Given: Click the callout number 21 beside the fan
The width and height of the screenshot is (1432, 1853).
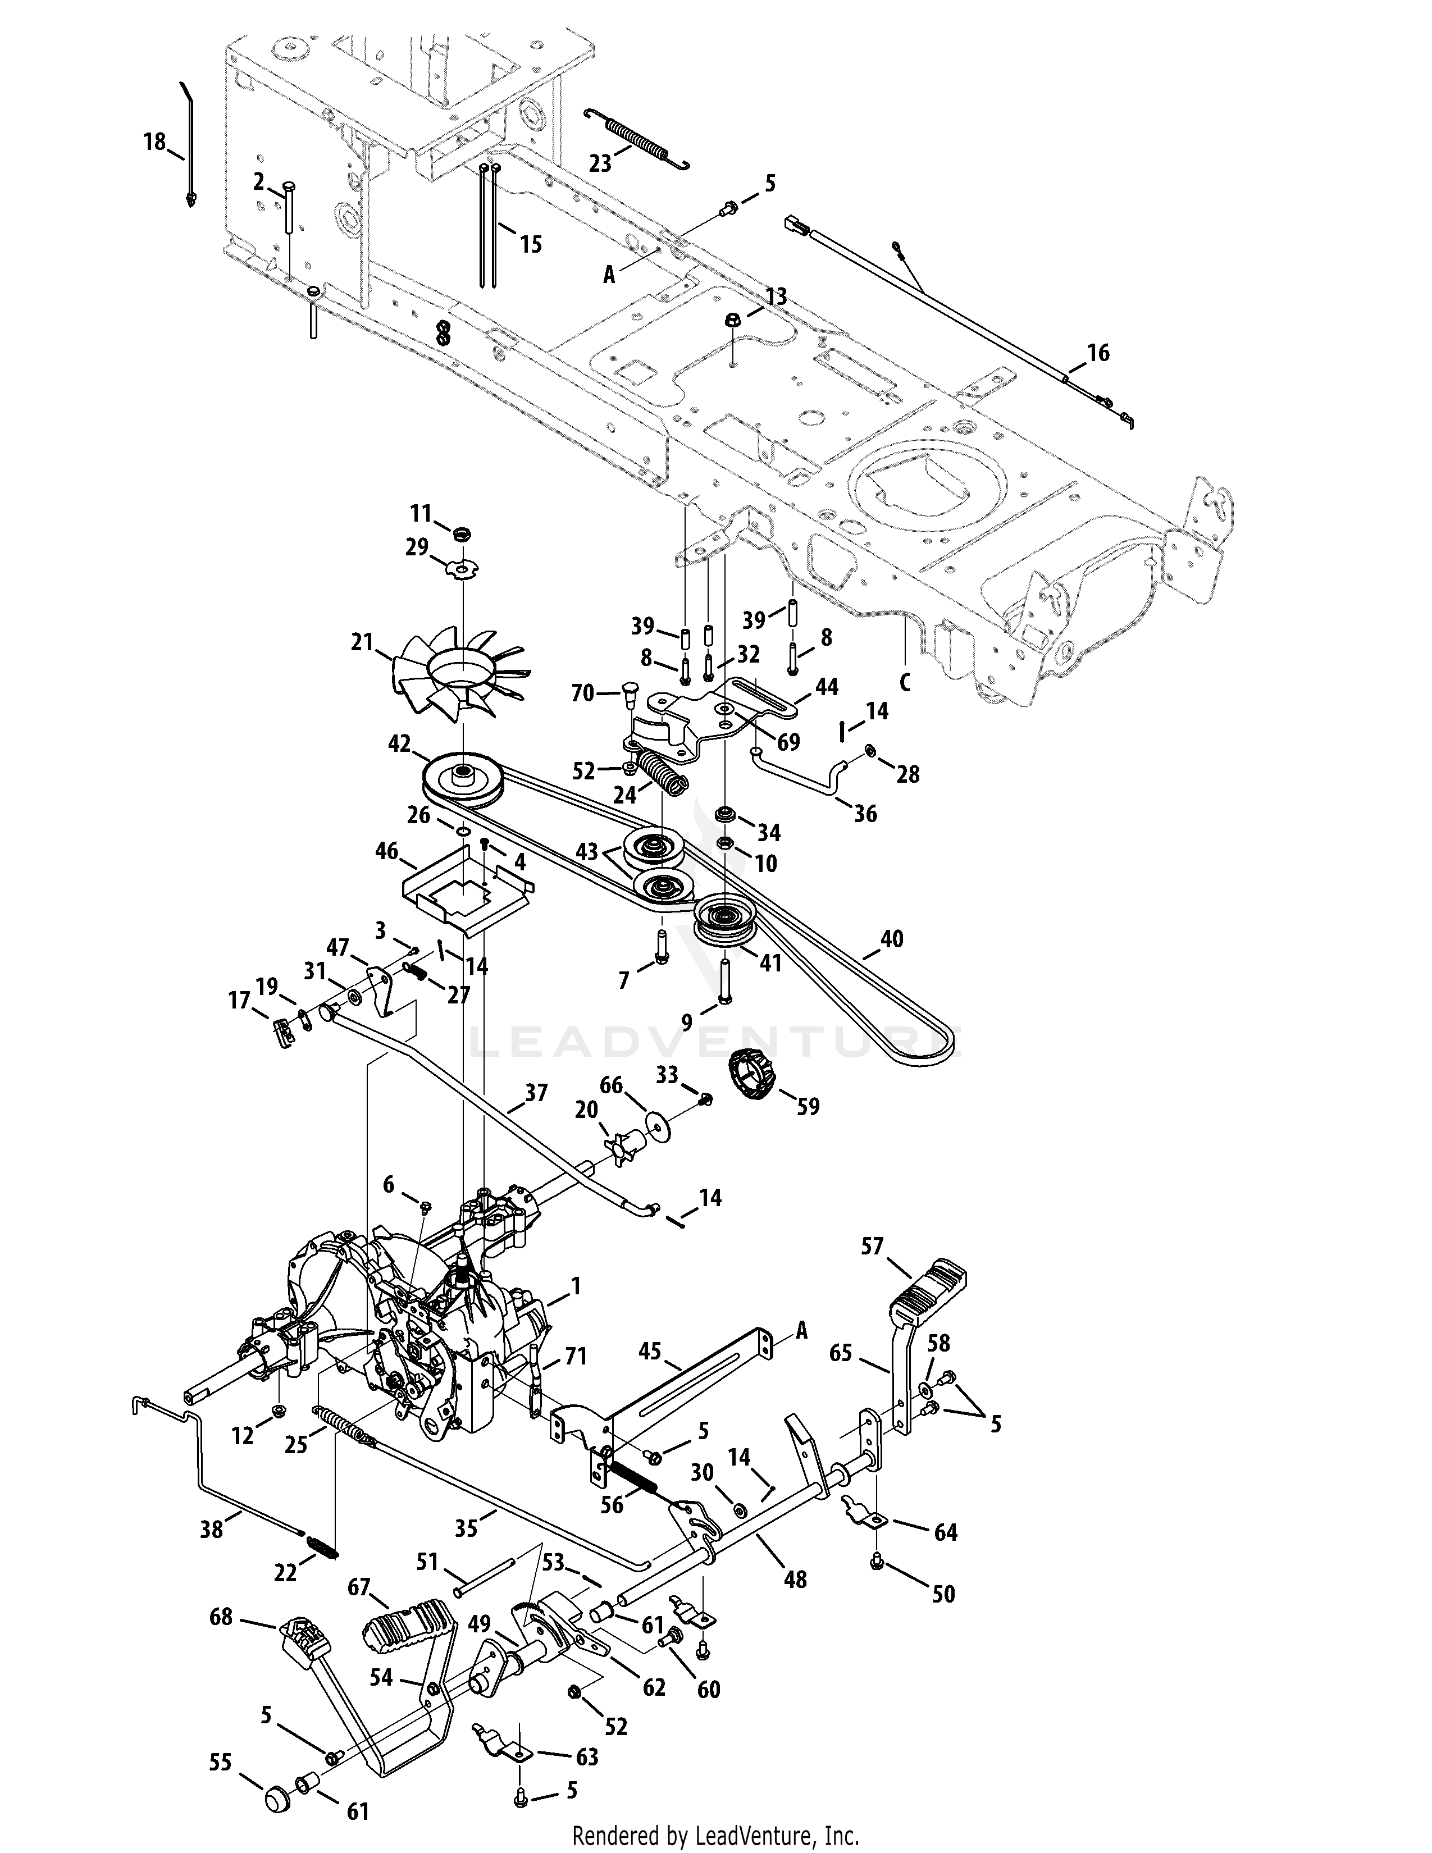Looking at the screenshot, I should click(x=362, y=643).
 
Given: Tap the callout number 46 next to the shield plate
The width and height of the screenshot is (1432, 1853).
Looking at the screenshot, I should click(x=387, y=851).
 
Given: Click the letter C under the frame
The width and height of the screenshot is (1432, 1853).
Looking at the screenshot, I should click(x=904, y=682).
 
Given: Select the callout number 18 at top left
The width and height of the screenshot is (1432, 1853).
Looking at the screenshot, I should click(x=154, y=142).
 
